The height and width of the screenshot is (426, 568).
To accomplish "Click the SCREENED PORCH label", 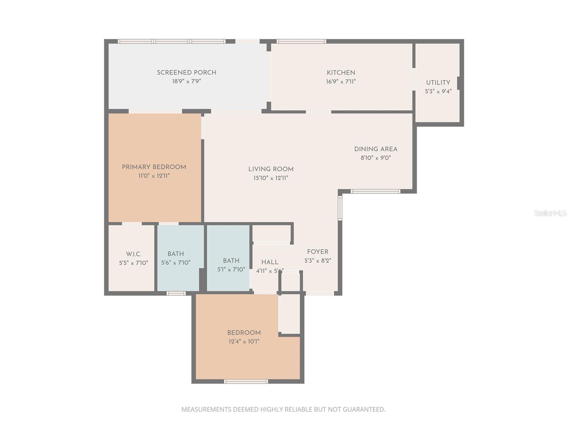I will tap(186, 72).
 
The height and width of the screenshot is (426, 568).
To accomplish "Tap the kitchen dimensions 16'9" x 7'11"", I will tap(341, 82).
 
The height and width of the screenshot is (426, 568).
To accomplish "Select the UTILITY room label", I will tap(438, 82).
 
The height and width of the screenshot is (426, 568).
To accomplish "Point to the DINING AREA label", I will tap(376, 149).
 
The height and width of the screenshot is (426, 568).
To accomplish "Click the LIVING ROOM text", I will tap(271, 169).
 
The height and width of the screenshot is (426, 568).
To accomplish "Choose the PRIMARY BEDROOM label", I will tap(154, 167).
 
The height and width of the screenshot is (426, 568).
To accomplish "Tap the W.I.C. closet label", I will tap(133, 254).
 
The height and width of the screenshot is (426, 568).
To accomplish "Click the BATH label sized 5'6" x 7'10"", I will tap(176, 254).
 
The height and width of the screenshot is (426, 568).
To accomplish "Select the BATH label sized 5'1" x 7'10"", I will tap(231, 261).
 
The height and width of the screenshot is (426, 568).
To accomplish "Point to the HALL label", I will tap(270, 262).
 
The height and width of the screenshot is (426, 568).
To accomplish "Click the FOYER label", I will tap(317, 252).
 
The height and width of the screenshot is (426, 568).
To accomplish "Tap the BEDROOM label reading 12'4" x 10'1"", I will tap(244, 333).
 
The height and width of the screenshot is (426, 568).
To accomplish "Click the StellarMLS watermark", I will tap(550, 213).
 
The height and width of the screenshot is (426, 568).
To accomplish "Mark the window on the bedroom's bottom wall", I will tap(246, 382).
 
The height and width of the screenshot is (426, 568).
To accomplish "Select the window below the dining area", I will tap(375, 191).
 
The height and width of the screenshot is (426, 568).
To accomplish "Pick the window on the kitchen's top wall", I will tap(301, 41).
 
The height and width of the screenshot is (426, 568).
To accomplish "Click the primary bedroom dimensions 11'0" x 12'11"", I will tap(154, 176).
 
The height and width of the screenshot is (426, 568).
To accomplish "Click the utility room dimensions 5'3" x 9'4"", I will tap(438, 92).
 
